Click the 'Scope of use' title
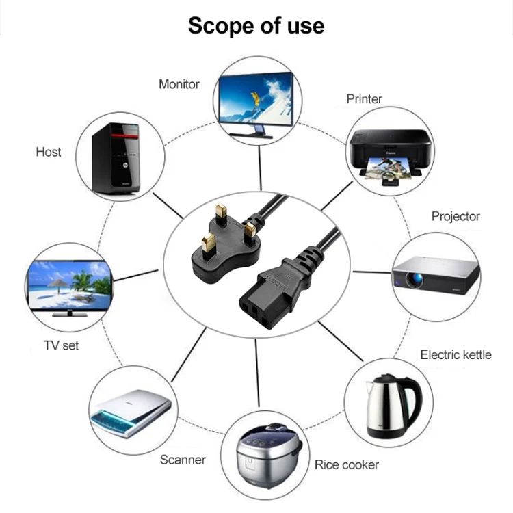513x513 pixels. (256, 25)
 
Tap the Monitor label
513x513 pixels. (179, 84)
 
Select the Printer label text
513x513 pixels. (364, 99)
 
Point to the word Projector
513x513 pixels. (456, 216)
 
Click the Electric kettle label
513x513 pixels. (456, 354)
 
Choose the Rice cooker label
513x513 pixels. (346, 465)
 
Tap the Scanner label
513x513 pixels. (183, 460)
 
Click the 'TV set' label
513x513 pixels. (61, 345)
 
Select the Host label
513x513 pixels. (48, 152)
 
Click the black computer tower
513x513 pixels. (116, 159)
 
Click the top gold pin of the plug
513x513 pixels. (220, 213)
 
